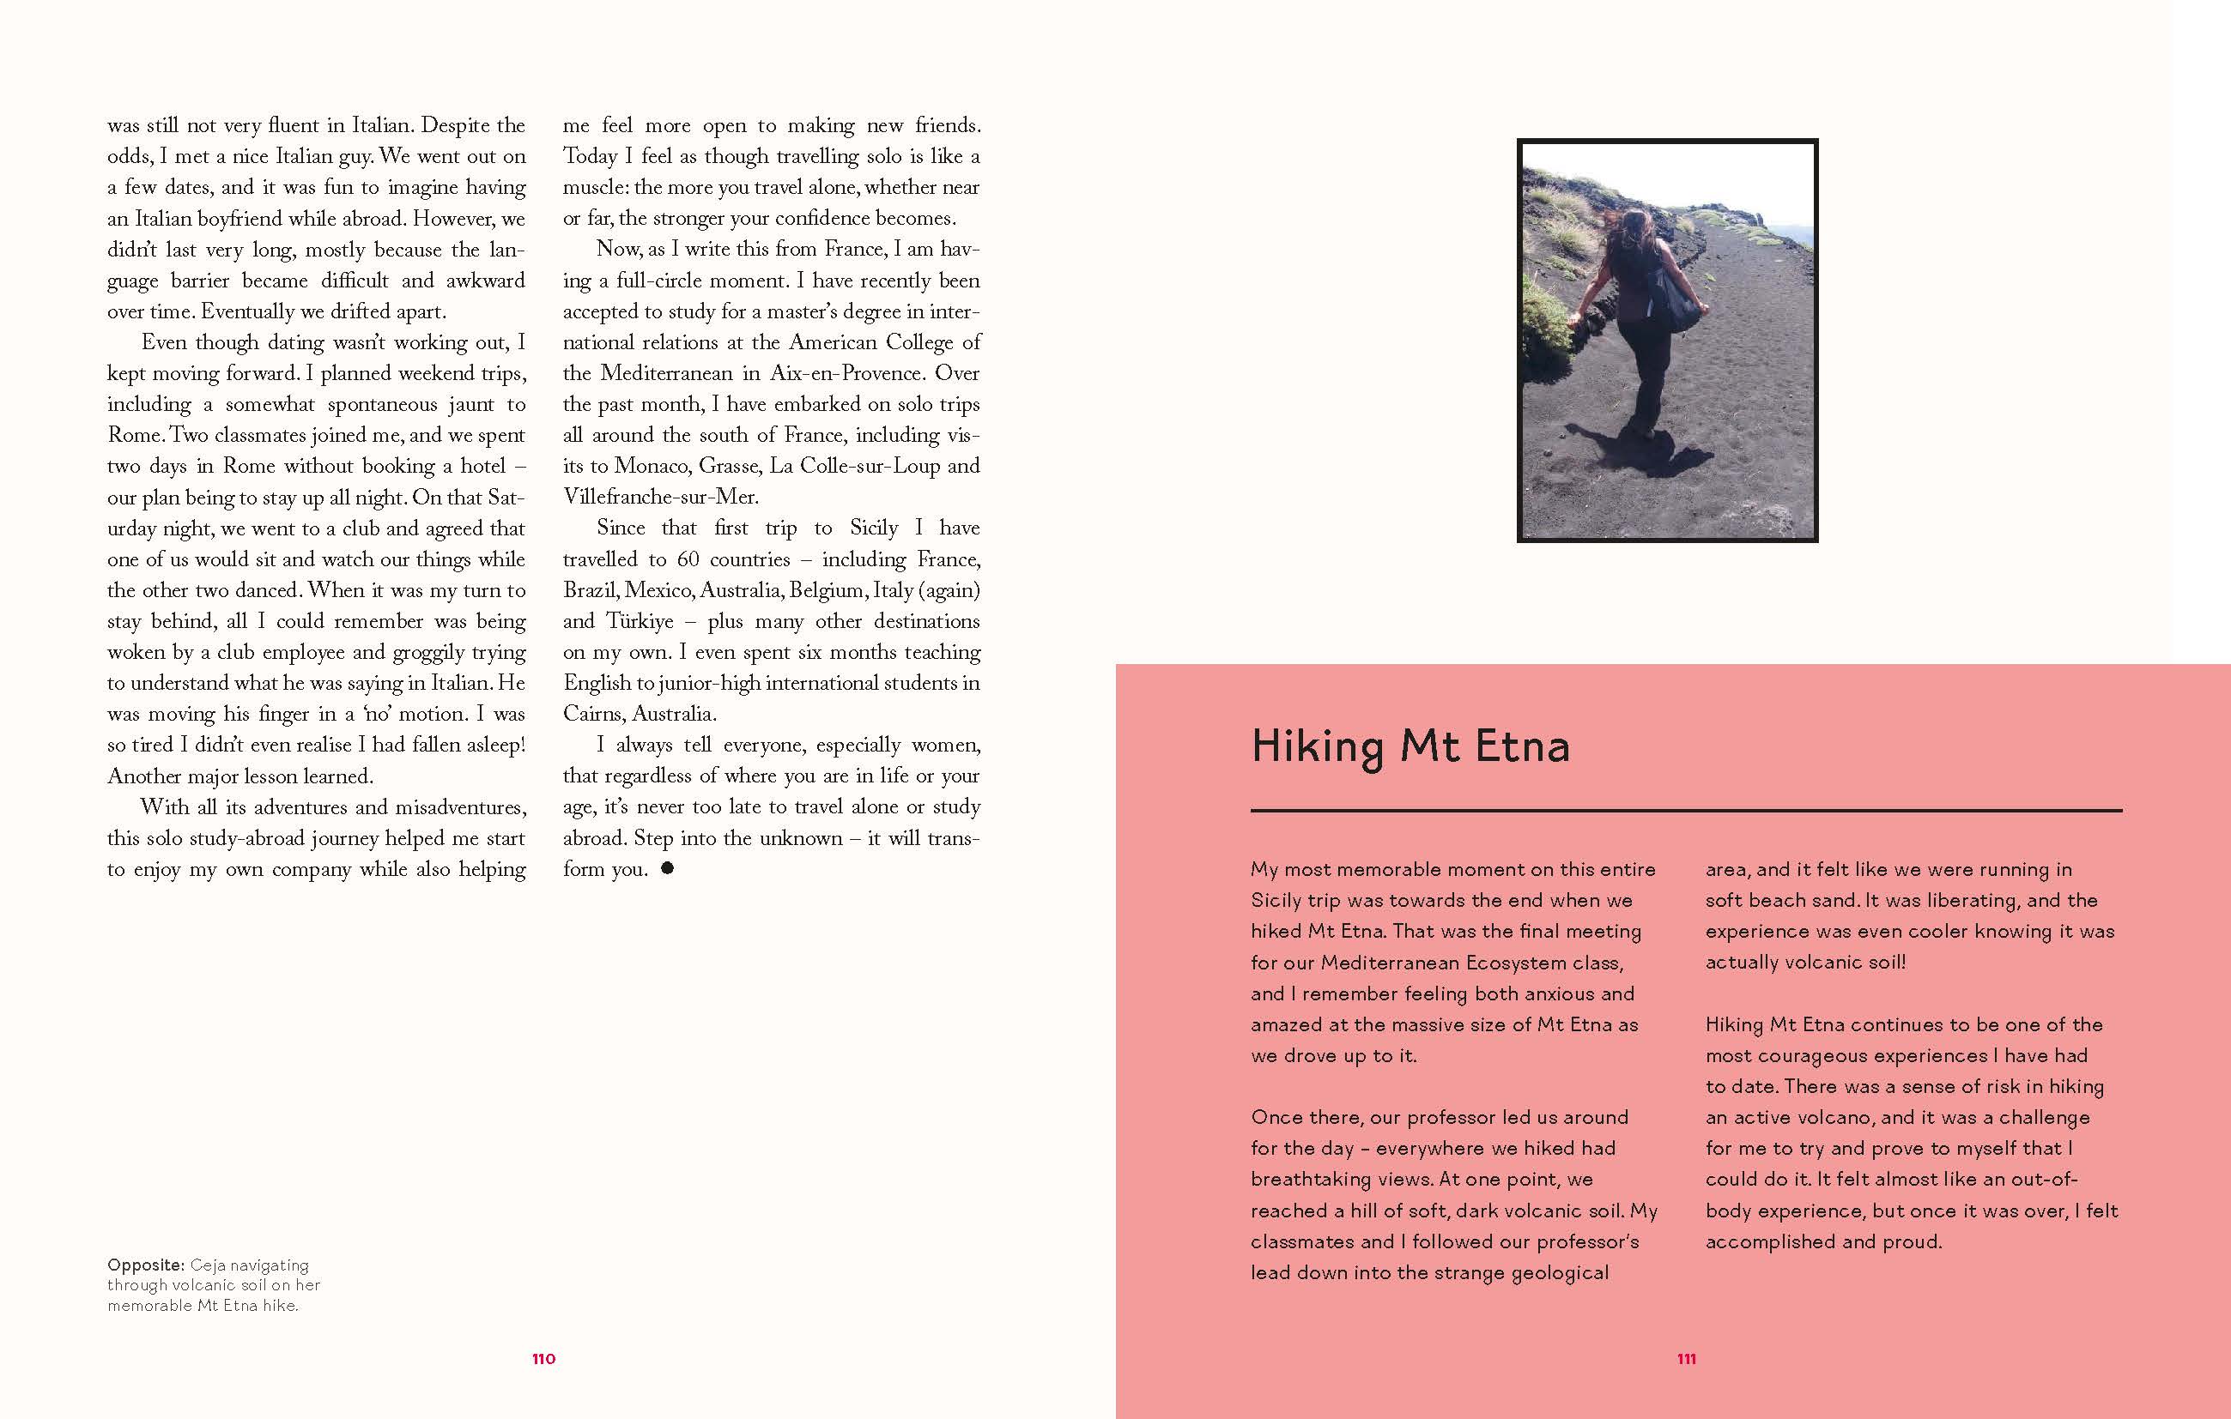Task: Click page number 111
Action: point(1686,1359)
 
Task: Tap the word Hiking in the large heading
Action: point(1317,747)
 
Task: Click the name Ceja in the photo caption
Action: point(208,1265)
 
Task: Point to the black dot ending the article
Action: point(667,868)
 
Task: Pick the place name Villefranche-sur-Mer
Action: point(661,497)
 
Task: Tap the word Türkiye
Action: point(640,620)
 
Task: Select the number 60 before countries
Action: point(688,559)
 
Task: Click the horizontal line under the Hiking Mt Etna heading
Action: point(1686,811)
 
